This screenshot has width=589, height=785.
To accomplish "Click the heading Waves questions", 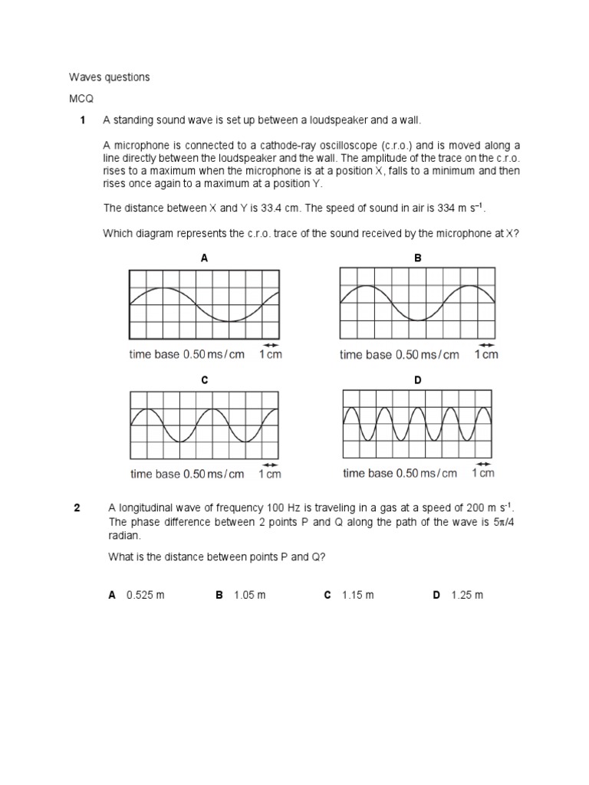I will [x=110, y=77].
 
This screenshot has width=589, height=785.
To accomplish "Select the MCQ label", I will [x=81, y=99].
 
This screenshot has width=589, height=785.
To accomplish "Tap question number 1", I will [x=81, y=121].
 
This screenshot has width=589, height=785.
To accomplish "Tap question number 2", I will [x=77, y=507].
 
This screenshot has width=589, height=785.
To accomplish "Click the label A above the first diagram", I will [x=204, y=258].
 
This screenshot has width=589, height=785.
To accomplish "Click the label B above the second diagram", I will [x=418, y=258].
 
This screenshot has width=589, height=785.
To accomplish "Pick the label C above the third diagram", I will [x=204, y=380].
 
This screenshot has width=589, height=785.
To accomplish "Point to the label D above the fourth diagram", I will [x=418, y=380].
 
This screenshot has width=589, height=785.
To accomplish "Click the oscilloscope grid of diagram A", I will [x=204, y=304].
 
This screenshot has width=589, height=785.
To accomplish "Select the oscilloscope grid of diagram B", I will [x=416, y=304].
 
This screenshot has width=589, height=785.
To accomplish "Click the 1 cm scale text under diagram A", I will [x=270, y=354].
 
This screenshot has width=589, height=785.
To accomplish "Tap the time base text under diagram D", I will [x=400, y=473].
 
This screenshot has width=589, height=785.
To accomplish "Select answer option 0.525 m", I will [x=146, y=596].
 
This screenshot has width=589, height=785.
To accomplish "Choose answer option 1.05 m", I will [x=250, y=596].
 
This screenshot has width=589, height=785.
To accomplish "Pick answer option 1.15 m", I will [x=358, y=596].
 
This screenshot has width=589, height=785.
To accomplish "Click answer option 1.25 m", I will [x=467, y=596].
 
